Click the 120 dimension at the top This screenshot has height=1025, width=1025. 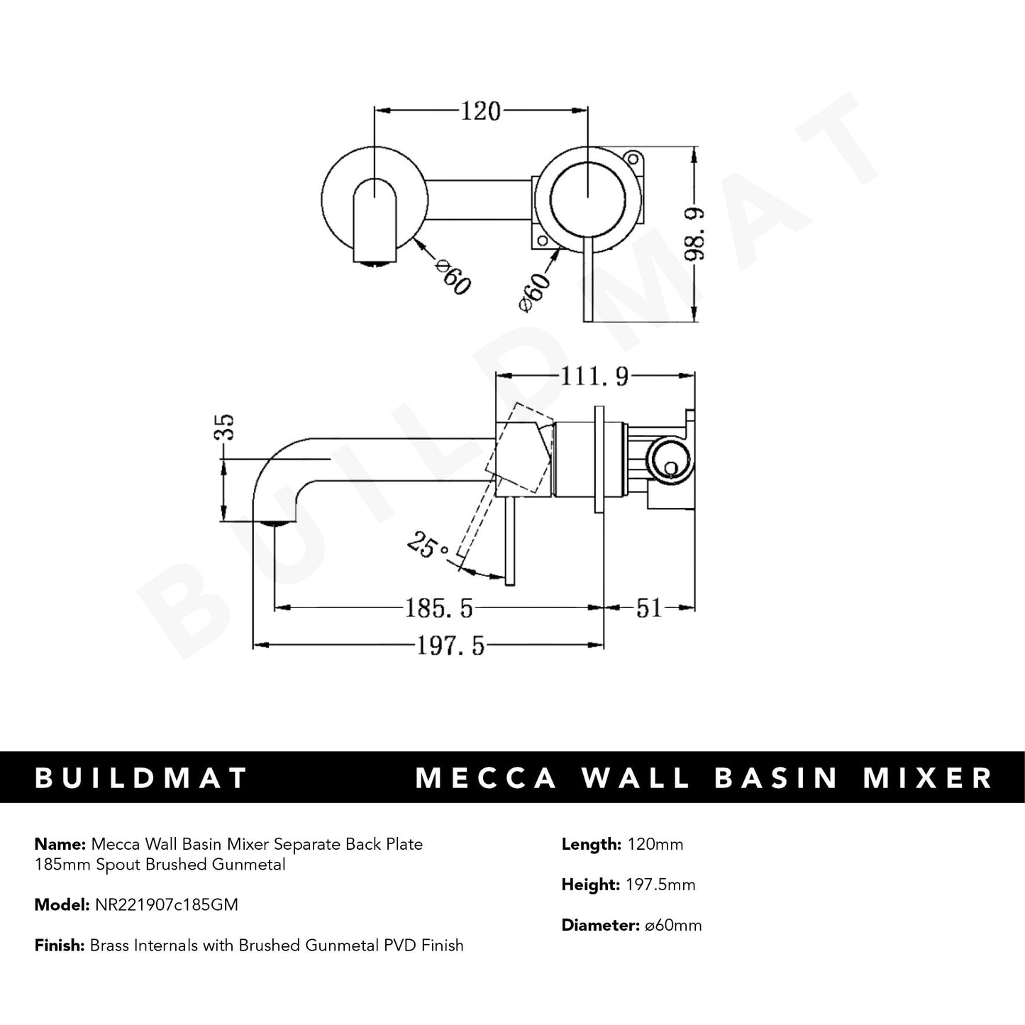pyautogui.click(x=481, y=111)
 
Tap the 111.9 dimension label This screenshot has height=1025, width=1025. pyautogui.click(x=595, y=376)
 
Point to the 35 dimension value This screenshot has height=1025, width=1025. pyautogui.click(x=226, y=428)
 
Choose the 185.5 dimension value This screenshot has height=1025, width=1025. pyautogui.click(x=438, y=608)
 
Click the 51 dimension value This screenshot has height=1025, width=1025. pyautogui.click(x=648, y=608)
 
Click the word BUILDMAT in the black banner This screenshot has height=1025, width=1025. pyautogui.click(x=140, y=777)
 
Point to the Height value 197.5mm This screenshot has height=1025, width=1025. pyautogui.click(x=660, y=885)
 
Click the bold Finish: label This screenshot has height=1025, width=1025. pyautogui.click(x=60, y=946)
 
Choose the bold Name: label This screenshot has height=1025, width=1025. pyautogui.click(x=60, y=844)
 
